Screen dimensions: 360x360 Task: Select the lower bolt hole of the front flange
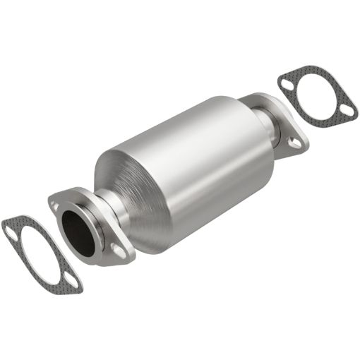118,250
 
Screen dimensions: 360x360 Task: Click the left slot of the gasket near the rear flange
286,83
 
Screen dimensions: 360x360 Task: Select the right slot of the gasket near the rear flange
347,110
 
